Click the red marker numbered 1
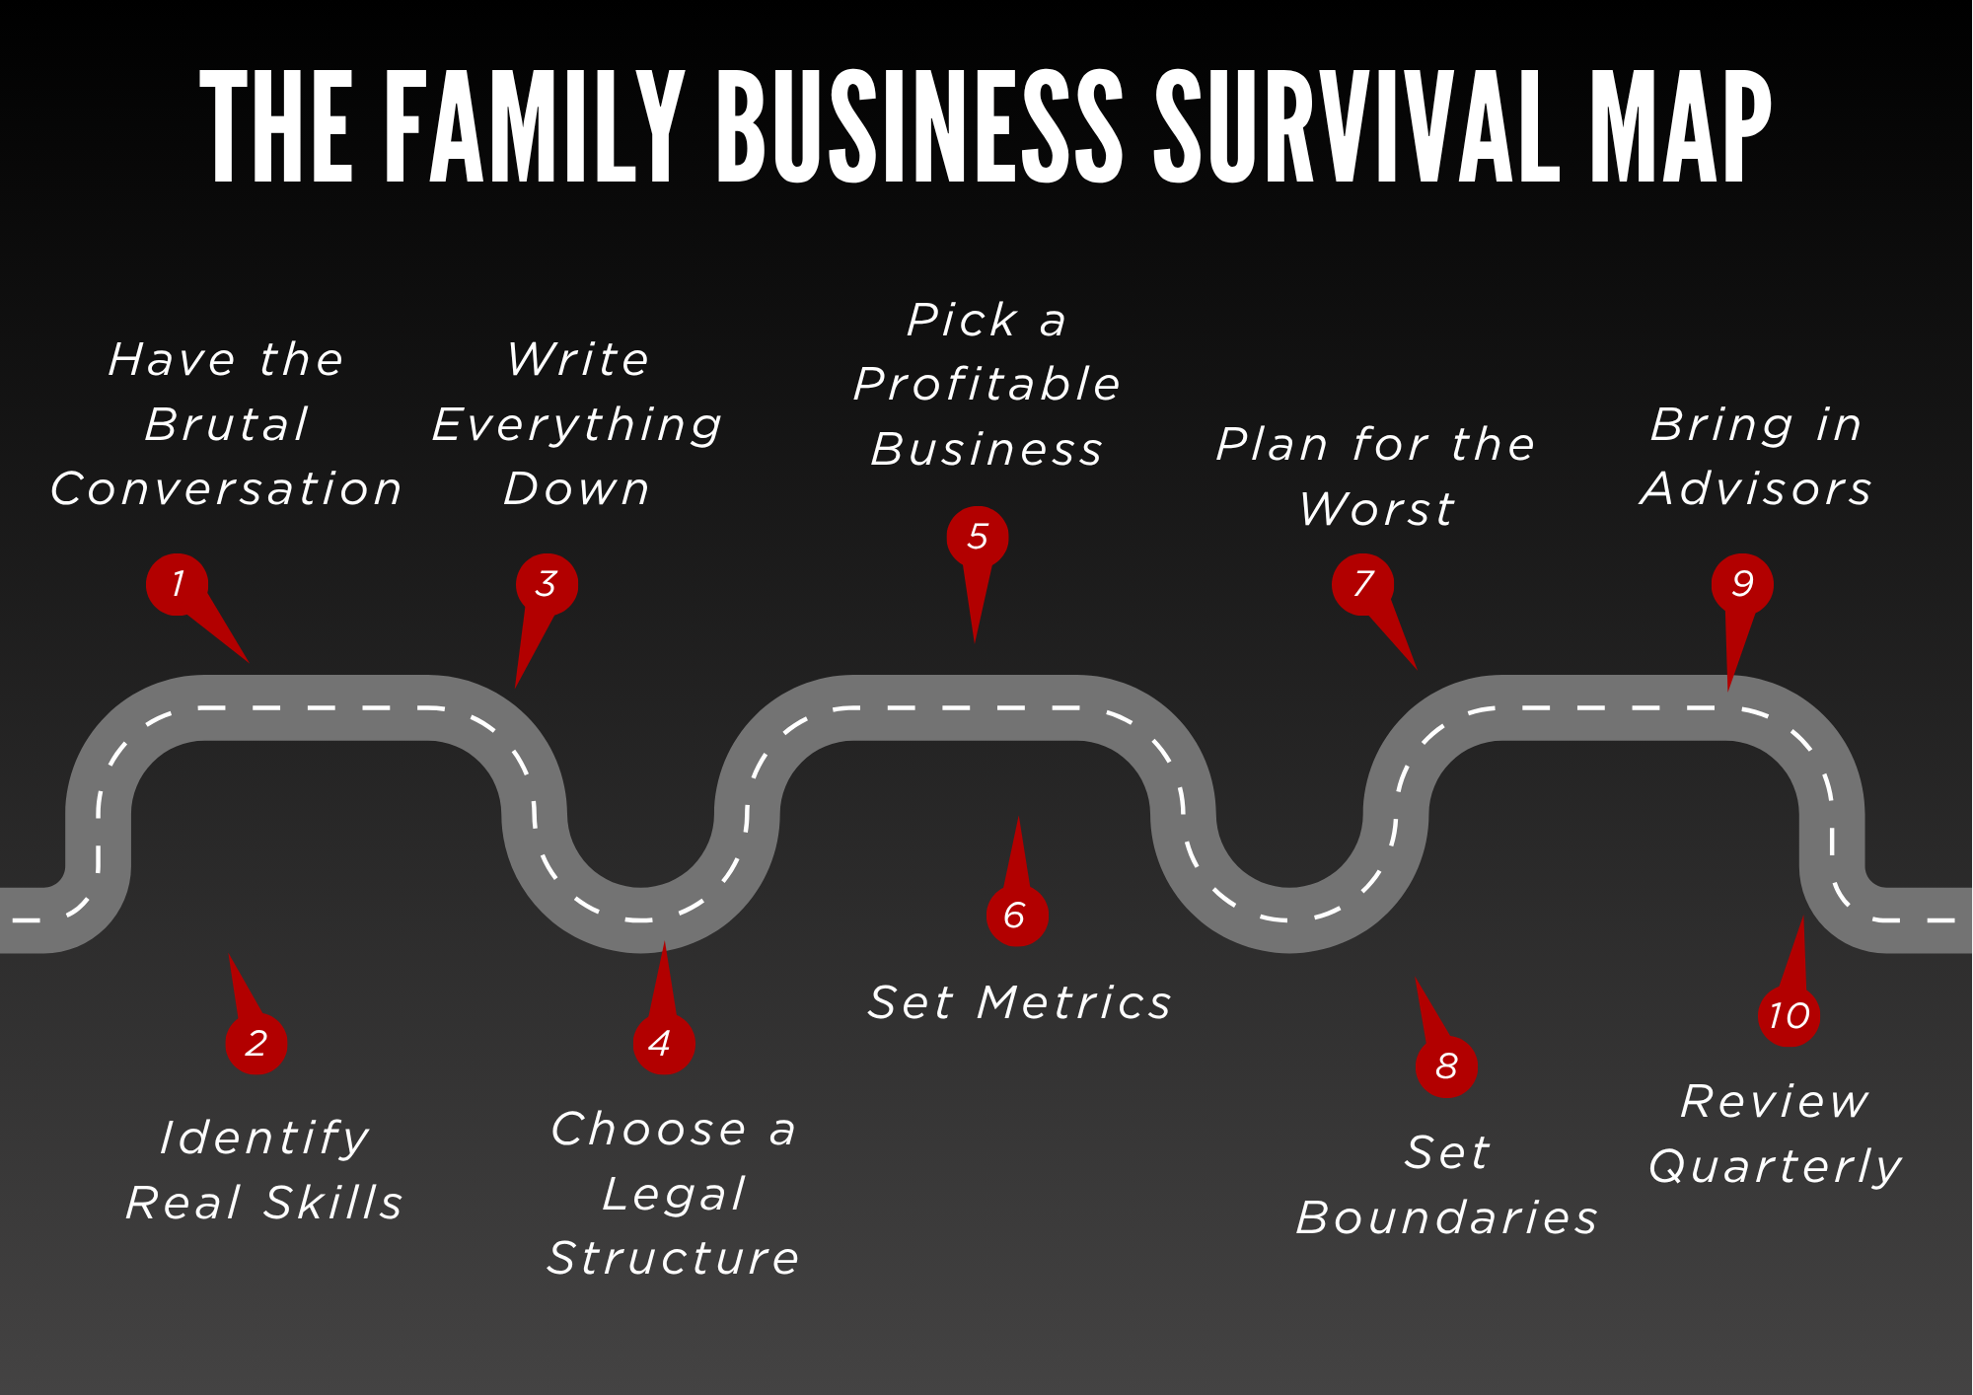coord(178,584)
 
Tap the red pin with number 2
coord(256,1043)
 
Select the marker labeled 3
coord(547,584)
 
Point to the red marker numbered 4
coord(664,1043)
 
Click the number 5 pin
coord(977,537)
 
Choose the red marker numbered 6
coord(1017,916)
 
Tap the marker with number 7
coord(1362,584)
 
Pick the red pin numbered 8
coord(1446,1065)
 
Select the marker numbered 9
coord(1742,584)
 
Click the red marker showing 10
coord(1789,1015)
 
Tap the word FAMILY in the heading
coord(534,128)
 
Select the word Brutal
coord(227,425)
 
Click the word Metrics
coord(1074,1003)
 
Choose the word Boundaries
coord(1447,1218)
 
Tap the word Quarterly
coord(1775,1167)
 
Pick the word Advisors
coord(1756,489)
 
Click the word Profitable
coord(986,385)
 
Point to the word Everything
coord(577,425)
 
